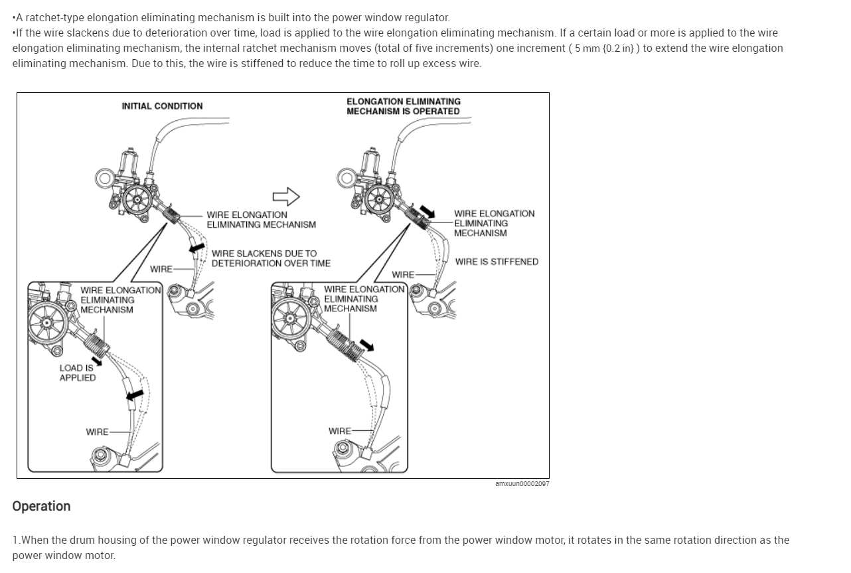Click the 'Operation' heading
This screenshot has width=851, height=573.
point(41,506)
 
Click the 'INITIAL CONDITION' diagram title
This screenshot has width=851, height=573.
point(162,106)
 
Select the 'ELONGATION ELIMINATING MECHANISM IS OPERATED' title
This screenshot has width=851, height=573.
point(403,106)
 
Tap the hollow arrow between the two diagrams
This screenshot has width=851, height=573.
point(286,196)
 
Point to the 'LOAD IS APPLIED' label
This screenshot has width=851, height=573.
point(77,372)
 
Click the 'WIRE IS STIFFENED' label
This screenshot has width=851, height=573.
point(497,262)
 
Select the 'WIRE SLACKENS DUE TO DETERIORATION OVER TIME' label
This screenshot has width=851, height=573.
point(271,258)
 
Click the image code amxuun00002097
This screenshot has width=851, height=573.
point(522,484)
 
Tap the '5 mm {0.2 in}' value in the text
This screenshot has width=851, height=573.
point(605,48)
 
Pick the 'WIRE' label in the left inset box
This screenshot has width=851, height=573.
point(97,432)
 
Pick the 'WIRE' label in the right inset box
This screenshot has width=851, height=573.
point(340,431)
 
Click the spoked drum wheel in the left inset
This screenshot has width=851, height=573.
point(48,323)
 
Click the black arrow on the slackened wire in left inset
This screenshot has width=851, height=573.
point(134,396)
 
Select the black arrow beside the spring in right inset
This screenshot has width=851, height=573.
point(366,345)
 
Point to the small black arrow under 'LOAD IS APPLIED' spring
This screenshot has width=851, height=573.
point(98,361)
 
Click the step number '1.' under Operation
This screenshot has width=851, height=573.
point(16,540)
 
